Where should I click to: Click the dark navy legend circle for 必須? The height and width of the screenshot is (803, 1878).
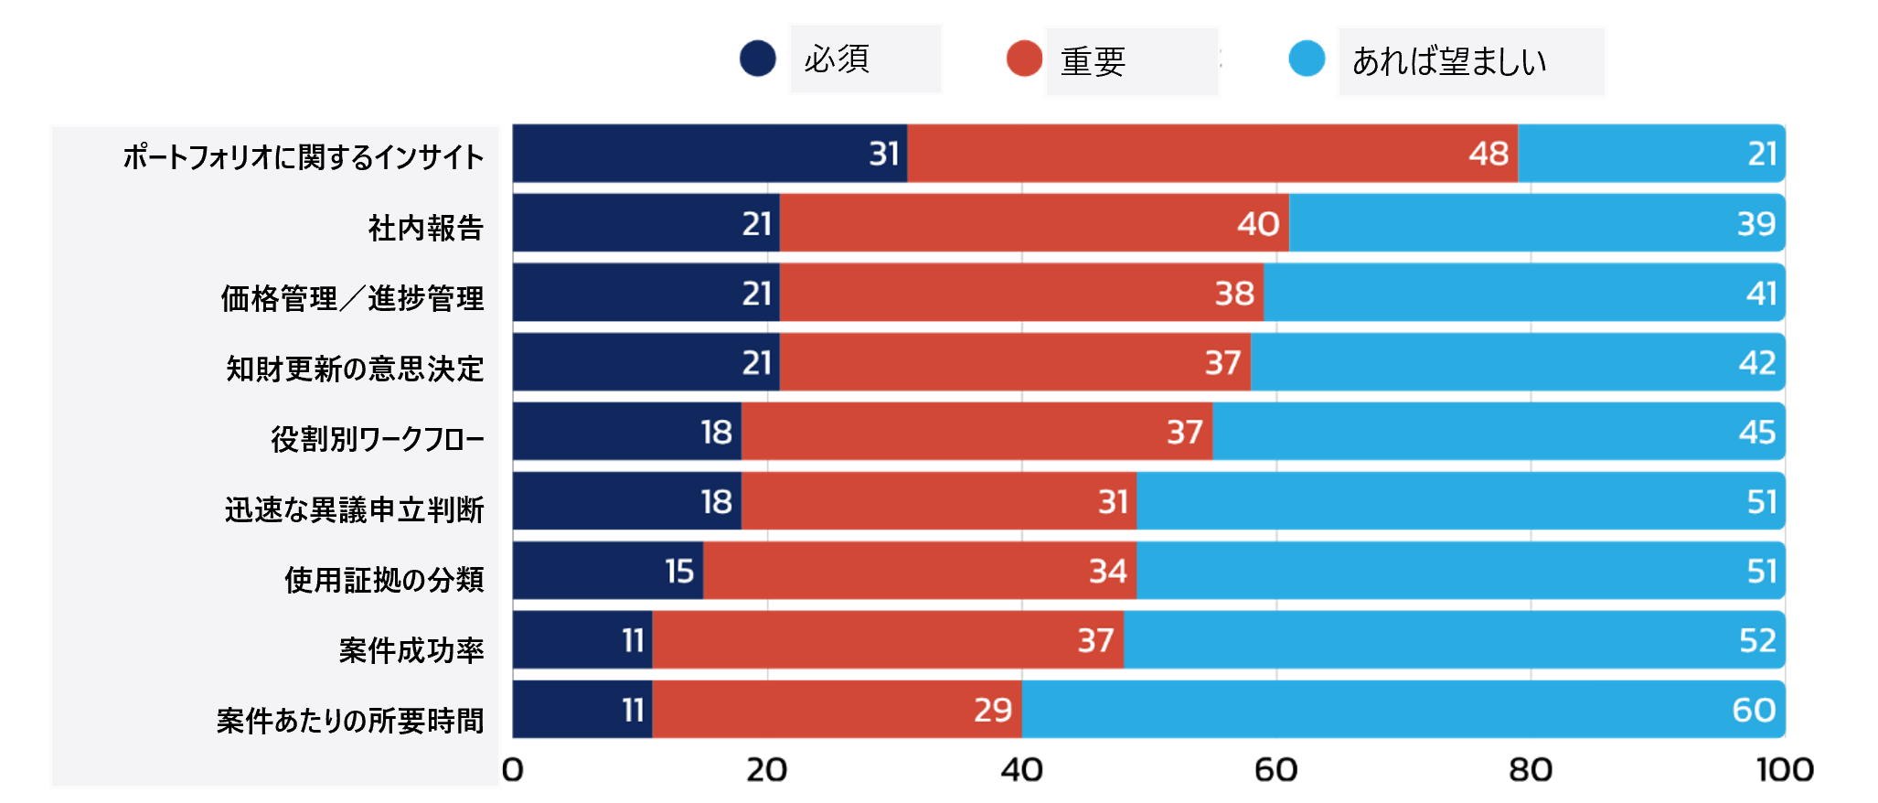[758, 59]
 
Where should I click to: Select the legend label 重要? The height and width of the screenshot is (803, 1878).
[1093, 61]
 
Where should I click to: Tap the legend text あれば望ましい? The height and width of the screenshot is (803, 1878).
[1449, 61]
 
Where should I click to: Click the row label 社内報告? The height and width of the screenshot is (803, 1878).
[425, 228]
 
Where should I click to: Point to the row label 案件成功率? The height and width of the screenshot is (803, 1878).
[411, 650]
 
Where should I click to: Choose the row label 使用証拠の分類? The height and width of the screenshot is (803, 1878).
[384, 580]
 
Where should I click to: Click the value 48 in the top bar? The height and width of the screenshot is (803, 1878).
[1489, 154]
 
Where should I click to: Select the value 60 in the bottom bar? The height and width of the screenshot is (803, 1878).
[1754, 710]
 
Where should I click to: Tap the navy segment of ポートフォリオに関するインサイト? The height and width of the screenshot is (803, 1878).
[710, 154]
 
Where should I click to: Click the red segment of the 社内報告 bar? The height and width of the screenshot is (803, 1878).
[1034, 223]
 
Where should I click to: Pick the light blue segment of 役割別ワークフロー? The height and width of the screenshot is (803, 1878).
[1499, 432]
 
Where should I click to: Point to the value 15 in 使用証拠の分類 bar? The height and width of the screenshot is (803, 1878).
[679, 571]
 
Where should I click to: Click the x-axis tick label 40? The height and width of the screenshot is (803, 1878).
[1021, 770]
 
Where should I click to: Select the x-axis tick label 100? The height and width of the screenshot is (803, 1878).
[1785, 770]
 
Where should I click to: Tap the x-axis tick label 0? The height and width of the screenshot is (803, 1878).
[513, 770]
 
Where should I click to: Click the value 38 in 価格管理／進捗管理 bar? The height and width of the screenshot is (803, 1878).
[1234, 293]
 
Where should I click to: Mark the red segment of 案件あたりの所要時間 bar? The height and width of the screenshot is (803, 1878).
[837, 710]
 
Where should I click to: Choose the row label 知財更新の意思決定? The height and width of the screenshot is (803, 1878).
[355, 369]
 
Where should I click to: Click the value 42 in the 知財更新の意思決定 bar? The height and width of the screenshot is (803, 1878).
[1756, 362]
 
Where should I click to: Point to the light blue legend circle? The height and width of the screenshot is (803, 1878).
[1307, 59]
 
